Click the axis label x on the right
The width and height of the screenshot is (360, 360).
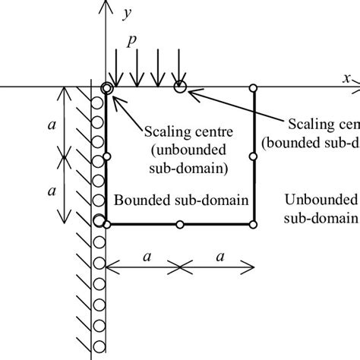pyautogui.click(x=346, y=77)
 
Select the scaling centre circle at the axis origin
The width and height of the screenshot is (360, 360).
pyautogui.click(x=106, y=88)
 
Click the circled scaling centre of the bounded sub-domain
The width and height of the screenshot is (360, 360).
pyautogui.click(x=180, y=87)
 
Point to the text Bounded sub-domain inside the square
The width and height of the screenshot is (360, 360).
pyautogui.click(x=182, y=199)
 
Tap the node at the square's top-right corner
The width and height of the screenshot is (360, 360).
pyautogui.click(x=254, y=87)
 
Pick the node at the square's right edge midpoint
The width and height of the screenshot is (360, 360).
pyautogui.click(x=254, y=156)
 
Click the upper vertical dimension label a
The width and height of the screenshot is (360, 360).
pyautogui.click(x=52, y=118)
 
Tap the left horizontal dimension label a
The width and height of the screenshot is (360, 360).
pyautogui.click(x=144, y=256)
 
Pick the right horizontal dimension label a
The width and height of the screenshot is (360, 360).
pyautogui.click(x=219, y=256)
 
